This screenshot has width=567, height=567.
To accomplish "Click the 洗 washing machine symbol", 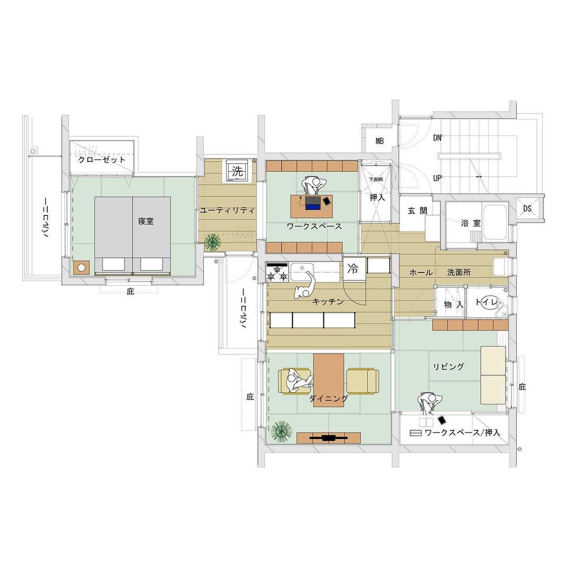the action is coord(237,170).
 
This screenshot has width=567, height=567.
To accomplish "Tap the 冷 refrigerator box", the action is coord(353,269).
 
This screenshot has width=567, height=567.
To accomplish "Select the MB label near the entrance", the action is coord(380,141).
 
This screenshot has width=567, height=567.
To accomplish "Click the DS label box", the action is coord(527,208).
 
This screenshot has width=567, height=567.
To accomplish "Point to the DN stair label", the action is coord(437,138).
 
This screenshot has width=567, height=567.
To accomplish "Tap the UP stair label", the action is coord(437,178).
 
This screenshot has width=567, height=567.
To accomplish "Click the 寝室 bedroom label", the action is coord(146,221).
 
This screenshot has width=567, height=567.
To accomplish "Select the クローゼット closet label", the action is coord(102,160).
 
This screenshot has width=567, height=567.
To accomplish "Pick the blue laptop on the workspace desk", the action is coord(313,203).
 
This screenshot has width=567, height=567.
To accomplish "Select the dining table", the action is coord(329,381).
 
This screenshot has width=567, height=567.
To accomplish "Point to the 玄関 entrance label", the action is coord(418,211).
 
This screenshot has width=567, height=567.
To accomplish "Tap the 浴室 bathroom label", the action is coord(471,223).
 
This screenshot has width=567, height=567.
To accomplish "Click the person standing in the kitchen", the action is coord(305,287).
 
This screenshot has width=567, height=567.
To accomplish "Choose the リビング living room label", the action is coord(448,366).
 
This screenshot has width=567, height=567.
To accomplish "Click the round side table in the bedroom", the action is coord(82,268).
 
